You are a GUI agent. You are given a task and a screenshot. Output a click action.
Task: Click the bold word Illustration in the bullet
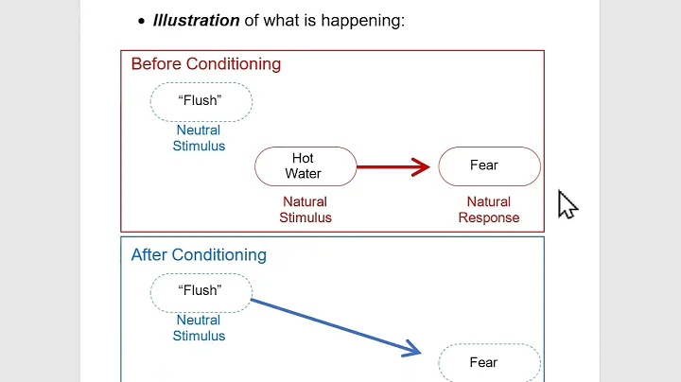click(x=196, y=19)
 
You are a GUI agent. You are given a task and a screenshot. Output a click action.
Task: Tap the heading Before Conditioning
click(x=205, y=64)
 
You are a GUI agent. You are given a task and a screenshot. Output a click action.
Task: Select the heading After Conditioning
click(x=199, y=254)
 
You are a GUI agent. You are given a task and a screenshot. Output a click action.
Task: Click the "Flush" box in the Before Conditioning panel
click(x=201, y=101)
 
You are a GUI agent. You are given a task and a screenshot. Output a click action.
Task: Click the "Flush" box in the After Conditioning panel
click(x=201, y=291)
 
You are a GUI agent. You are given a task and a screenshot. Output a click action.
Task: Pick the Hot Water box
click(x=305, y=166)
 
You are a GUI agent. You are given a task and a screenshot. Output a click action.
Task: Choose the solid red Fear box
click(x=489, y=166)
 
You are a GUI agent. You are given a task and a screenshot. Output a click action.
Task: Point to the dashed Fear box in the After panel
click(x=489, y=362)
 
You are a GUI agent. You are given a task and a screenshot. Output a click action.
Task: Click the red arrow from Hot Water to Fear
click(x=388, y=167)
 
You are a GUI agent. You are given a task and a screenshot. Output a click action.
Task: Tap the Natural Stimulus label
click(x=305, y=209)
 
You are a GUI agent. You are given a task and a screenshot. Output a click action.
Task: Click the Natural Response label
click(x=489, y=209)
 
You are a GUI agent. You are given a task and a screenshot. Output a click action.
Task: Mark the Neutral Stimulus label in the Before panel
click(x=199, y=138)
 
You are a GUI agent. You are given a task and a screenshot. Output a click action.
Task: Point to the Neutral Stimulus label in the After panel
click(x=199, y=327)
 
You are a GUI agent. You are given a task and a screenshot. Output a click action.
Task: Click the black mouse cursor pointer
click(x=566, y=203)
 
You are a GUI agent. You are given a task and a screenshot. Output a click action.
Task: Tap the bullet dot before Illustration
click(x=142, y=21)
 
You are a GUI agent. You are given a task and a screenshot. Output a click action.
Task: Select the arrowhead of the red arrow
click(x=422, y=167)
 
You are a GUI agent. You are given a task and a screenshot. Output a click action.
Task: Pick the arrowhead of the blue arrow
click(x=413, y=350)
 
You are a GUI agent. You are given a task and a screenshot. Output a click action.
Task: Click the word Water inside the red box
click(x=304, y=174)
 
